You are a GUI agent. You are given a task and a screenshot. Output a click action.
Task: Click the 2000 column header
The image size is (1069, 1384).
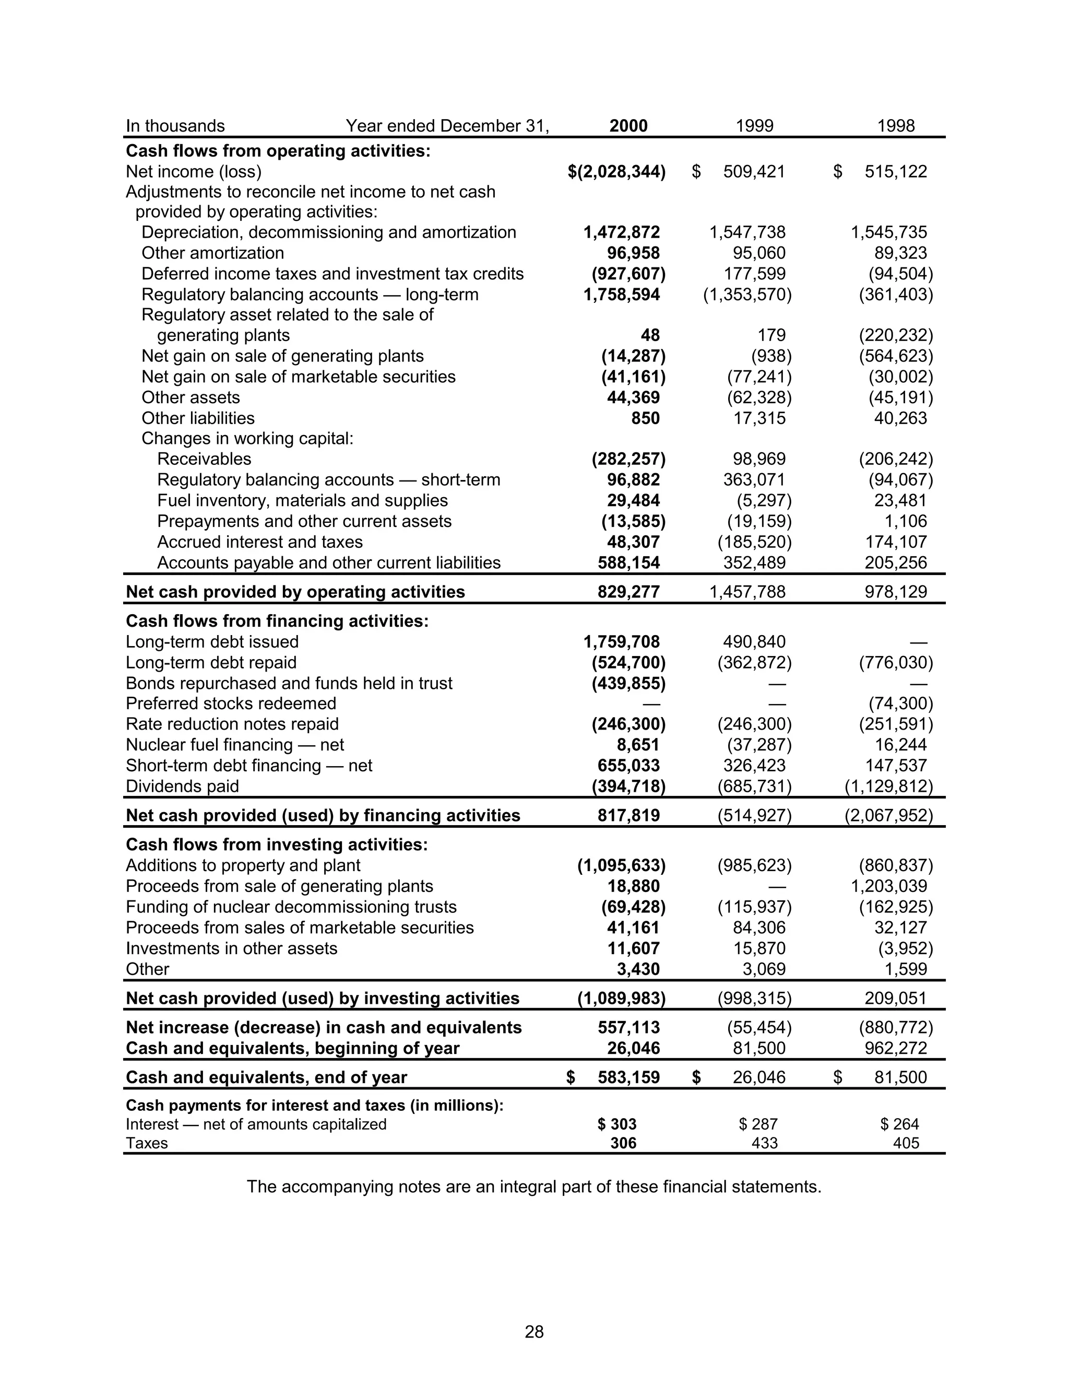(628, 125)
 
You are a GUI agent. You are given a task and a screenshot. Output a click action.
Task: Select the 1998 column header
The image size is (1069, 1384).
(896, 125)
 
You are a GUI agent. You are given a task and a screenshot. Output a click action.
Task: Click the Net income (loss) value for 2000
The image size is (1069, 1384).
(617, 172)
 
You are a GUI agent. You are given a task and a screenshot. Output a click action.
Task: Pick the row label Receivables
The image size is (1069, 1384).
(204, 459)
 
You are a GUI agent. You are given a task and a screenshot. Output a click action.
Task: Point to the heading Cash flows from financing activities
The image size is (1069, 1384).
(277, 620)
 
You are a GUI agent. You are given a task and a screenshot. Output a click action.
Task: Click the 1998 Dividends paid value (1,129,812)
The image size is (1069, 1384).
(888, 787)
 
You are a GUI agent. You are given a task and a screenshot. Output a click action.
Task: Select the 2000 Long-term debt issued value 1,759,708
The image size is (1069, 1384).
(621, 642)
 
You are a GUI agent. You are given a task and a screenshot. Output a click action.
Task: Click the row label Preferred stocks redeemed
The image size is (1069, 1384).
(231, 703)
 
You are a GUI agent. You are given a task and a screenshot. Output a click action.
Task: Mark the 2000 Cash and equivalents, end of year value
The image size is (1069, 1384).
(628, 1077)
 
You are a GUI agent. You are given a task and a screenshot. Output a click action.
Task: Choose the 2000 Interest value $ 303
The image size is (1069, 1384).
(617, 1124)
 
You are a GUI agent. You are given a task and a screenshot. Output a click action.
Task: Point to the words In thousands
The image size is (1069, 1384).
(175, 125)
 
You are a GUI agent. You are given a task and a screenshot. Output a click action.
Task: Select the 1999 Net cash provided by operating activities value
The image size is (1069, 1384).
(747, 592)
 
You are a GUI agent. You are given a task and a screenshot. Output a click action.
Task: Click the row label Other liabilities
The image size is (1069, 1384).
(198, 418)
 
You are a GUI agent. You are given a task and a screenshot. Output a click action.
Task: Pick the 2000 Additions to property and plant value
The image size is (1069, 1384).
(621, 865)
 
